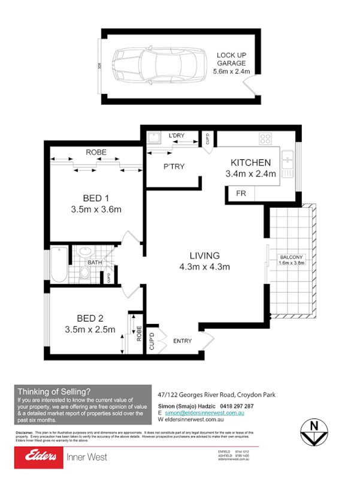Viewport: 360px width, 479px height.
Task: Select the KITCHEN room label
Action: coord(251,162)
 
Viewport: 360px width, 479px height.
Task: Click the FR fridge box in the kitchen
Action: coord(241,194)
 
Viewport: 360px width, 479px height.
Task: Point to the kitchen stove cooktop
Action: coord(265,139)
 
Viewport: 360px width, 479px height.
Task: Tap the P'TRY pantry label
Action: coord(174,167)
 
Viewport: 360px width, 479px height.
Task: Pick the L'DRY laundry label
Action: coord(177,136)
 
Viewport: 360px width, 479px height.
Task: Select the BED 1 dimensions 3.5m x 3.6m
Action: coord(96,209)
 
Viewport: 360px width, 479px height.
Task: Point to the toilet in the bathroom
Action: coord(85,272)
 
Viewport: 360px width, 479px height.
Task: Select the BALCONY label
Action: coord(291,258)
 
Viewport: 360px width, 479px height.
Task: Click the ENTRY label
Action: coord(182,341)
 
